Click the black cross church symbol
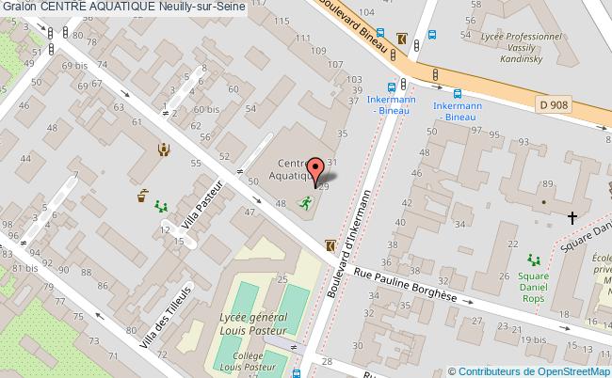pyautogui.click(x=572, y=218)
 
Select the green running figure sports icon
pyautogui.click(x=304, y=202)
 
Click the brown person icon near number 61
pyautogui.click(x=164, y=148)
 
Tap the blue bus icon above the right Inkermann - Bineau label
pyautogui.click(x=457, y=93)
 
